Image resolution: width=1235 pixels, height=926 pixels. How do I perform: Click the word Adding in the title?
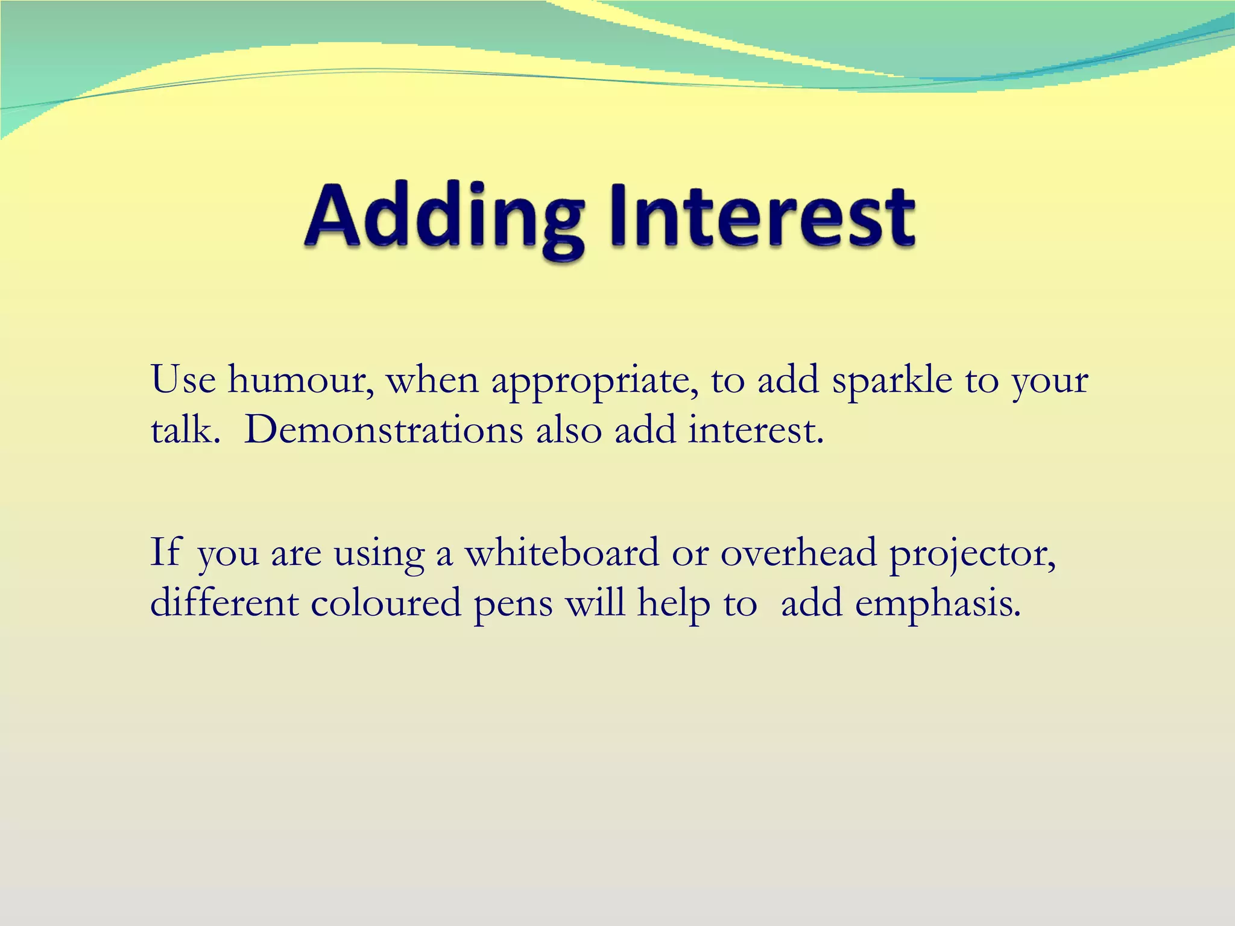point(444,218)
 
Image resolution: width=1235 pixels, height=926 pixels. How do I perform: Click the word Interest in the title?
point(762,218)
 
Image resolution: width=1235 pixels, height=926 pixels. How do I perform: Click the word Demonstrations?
point(384,430)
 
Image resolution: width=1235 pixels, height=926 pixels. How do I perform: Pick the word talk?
point(182,430)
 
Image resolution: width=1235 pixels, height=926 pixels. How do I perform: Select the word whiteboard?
point(561,552)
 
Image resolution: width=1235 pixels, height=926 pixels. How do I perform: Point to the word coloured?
point(386,602)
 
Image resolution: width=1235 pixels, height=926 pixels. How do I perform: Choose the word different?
point(224,602)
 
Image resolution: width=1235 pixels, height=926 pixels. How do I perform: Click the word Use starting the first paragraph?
point(183,381)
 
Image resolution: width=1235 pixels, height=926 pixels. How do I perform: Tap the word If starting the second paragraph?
point(165,552)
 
